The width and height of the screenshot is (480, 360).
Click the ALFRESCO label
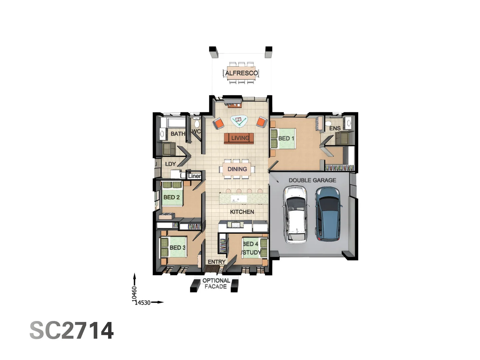tap(241, 73)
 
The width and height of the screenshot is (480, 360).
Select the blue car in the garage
tap(328, 214)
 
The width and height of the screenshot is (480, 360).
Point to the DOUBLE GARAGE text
tap(312, 180)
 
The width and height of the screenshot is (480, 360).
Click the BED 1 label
tap(286, 138)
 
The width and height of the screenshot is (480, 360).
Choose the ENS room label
tap(335, 128)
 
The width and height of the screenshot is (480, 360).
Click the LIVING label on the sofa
tap(240, 138)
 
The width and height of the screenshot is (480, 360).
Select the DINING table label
tap(237, 169)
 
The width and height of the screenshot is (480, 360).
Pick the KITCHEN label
tap(242, 212)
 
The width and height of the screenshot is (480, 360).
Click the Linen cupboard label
tap(194, 176)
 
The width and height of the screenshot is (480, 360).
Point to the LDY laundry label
tap(170, 164)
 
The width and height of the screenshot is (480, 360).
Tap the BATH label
tap(178, 134)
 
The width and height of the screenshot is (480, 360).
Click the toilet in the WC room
tap(197, 124)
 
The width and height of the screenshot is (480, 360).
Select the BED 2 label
tap(171, 197)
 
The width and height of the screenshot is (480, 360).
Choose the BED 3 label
tap(177, 248)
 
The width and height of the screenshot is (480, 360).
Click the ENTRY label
tap(217, 262)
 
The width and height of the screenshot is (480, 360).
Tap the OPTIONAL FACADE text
tap(216, 284)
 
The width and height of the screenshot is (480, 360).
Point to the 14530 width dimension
tap(143, 303)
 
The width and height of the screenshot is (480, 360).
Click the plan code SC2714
tap(72, 331)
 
